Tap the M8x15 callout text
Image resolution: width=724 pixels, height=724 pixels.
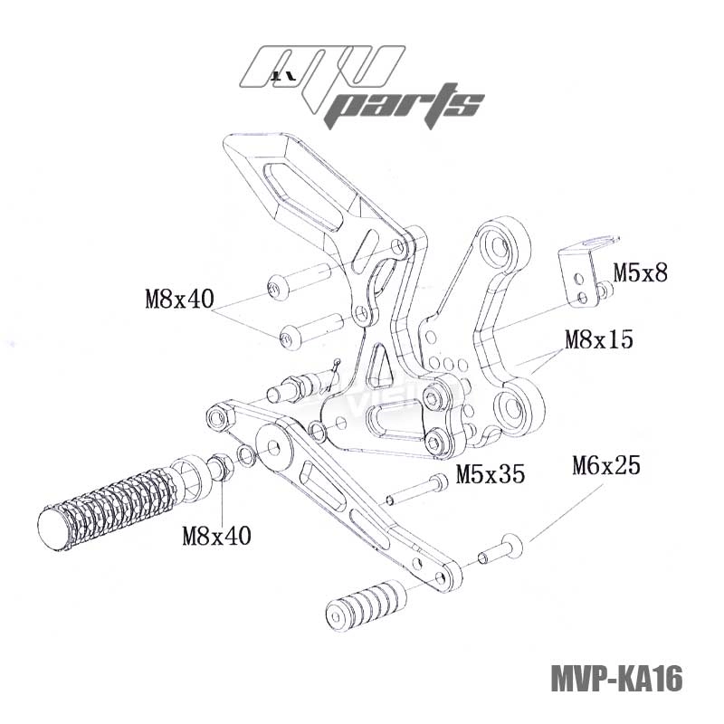coord(598,340)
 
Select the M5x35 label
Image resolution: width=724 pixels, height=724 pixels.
coord(490,473)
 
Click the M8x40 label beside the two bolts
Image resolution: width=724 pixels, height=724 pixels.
coord(178,299)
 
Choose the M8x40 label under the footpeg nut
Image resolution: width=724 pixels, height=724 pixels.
coord(216,535)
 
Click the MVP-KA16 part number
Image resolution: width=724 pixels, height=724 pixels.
coord(615,677)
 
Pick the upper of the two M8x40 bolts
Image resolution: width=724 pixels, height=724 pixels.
coord(303,280)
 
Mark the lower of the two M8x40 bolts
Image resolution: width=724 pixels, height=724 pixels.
coord(310,330)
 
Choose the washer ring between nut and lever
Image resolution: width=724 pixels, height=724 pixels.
coord(246,454)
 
